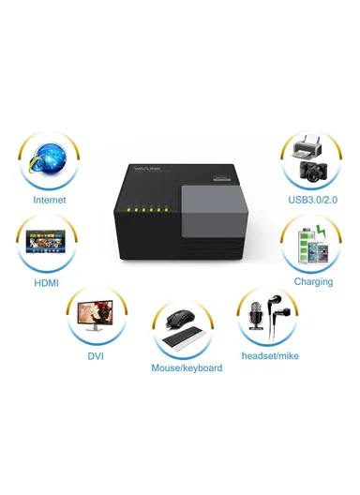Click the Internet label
50,200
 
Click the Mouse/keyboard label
187,368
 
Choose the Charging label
313,280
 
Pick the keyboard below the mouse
184,343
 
